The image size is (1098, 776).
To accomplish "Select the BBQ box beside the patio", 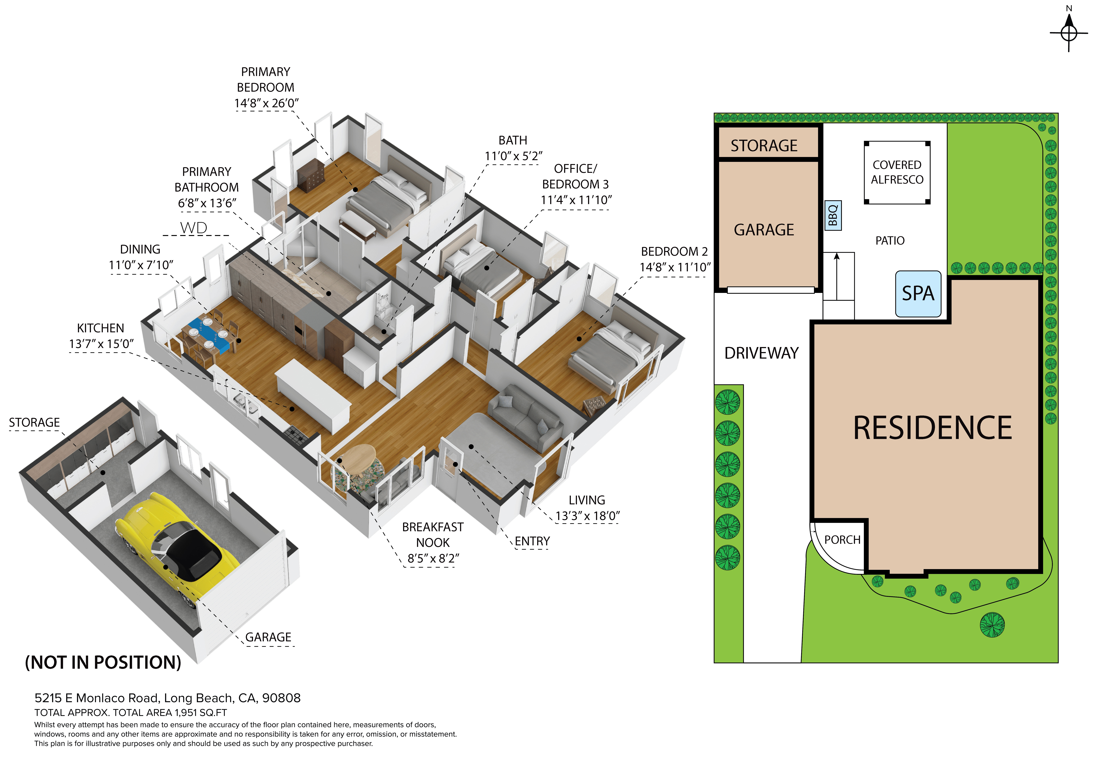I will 833,216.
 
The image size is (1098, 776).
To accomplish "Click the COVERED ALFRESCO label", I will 897,172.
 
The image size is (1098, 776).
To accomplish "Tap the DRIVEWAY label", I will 761,353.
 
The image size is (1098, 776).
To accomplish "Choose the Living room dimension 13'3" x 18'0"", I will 587,516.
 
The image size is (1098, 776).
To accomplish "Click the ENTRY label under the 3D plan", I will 532,541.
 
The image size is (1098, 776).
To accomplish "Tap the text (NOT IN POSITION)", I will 103,662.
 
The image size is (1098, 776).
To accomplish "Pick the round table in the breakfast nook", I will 359,459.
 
